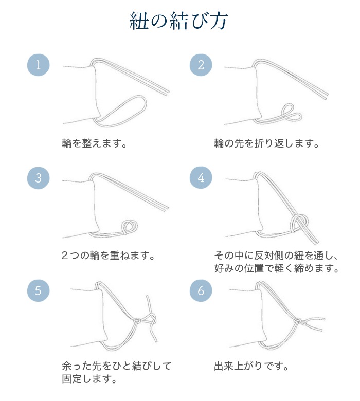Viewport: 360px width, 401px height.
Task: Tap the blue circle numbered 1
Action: click(x=38, y=66)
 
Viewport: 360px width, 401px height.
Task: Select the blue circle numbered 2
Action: click(x=201, y=66)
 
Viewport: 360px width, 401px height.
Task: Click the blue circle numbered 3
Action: click(x=38, y=178)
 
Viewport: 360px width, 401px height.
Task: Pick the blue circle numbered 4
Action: click(x=201, y=178)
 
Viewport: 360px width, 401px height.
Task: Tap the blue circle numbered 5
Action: click(x=38, y=290)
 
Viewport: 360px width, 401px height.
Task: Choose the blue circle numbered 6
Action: click(x=201, y=290)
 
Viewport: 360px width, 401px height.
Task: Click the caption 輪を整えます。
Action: click(x=94, y=143)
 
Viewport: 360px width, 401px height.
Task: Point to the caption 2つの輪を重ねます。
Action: click(x=108, y=256)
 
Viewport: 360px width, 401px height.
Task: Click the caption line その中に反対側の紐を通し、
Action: click(x=275, y=256)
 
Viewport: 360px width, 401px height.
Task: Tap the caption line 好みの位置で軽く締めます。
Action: click(x=277, y=268)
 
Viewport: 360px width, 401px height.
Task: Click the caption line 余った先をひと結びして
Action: click(x=116, y=367)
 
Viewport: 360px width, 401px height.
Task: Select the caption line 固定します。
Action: click(x=88, y=380)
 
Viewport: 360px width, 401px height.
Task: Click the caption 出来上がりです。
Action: click(x=250, y=367)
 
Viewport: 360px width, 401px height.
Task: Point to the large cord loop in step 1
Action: click(x=126, y=108)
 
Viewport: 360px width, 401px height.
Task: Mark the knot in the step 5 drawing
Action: click(x=138, y=321)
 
